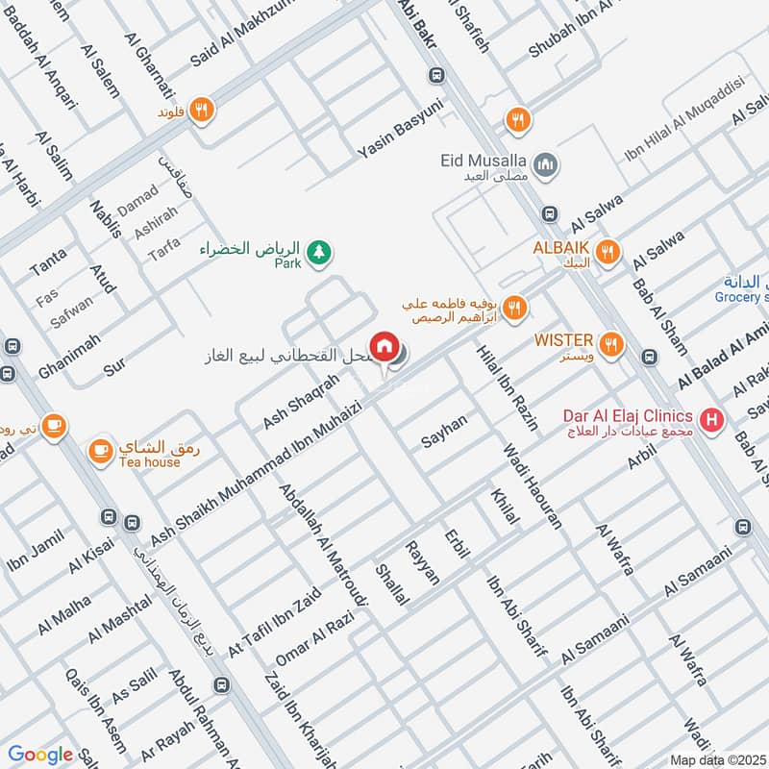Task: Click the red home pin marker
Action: tap(384, 347)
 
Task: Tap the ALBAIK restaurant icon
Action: tap(606, 254)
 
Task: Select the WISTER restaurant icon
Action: tap(609, 342)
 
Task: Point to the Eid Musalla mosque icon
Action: tap(545, 165)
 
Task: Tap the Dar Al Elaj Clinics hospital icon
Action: tap(711, 419)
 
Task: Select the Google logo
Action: tap(40, 755)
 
